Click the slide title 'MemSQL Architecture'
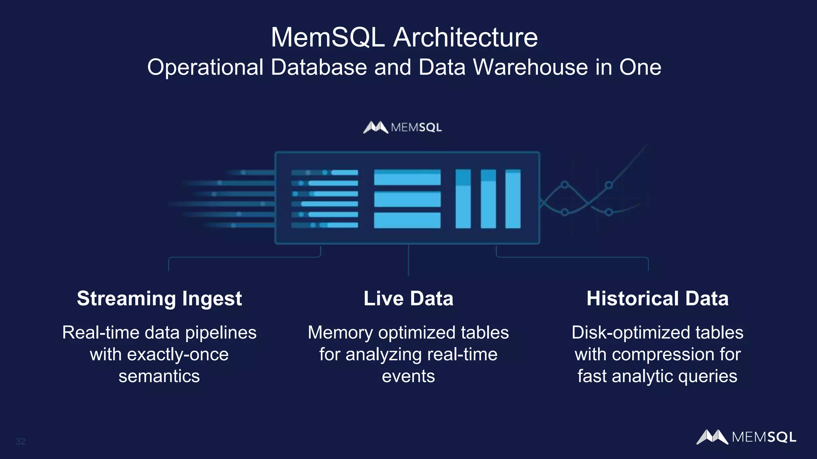tap(404, 37)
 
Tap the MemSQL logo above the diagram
tap(403, 127)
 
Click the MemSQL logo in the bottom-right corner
tap(746, 437)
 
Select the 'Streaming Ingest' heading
tap(159, 299)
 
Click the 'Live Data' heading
tap(408, 299)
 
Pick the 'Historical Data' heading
tap(657, 299)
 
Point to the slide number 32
tap(20, 441)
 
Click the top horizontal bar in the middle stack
tap(407, 177)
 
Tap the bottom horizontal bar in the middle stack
tap(407, 220)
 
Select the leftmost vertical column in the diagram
tap(463, 199)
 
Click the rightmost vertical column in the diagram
tap(513, 199)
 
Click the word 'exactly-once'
tap(178, 355)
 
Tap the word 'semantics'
tap(159, 376)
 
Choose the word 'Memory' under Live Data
tap(340, 333)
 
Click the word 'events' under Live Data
tap(408, 376)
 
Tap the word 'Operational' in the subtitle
tap(205, 67)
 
